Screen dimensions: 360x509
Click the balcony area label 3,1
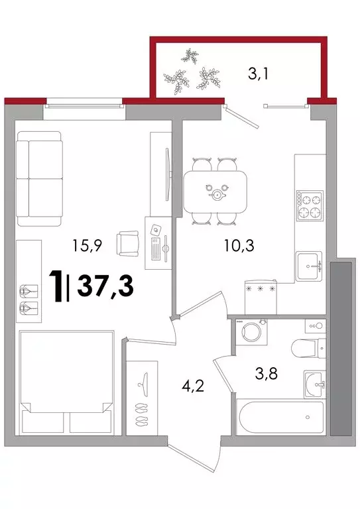[258, 74]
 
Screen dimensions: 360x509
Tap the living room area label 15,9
[88, 246]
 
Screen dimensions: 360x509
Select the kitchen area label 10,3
[239, 246]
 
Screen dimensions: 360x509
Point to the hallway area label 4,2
[193, 386]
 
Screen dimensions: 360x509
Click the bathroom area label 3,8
[266, 374]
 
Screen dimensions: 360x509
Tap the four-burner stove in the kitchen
[310, 205]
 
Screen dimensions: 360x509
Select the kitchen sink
[309, 266]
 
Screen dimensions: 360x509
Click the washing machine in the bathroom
[251, 332]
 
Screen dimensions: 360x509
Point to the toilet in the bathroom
[308, 348]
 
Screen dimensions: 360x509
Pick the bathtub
[281, 417]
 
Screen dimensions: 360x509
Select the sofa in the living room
[39, 178]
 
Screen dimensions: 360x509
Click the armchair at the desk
[128, 243]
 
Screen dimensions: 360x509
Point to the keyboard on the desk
[156, 249]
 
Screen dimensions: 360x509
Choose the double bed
[66, 382]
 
